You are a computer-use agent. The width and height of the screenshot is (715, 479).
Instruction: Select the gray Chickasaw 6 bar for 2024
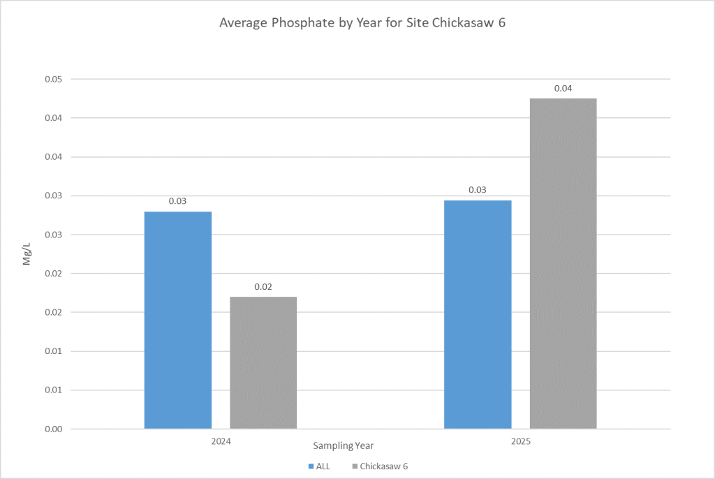click(x=263, y=362)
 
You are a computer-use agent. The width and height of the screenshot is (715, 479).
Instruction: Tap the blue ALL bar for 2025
click(x=478, y=314)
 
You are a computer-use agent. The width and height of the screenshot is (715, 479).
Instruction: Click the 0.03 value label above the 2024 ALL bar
click(x=177, y=201)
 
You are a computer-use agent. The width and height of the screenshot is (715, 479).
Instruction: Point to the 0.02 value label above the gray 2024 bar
click(x=263, y=286)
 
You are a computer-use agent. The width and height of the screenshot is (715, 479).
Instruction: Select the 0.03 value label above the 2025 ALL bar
click(x=478, y=190)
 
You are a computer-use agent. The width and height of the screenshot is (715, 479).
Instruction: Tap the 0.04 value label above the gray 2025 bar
click(x=563, y=89)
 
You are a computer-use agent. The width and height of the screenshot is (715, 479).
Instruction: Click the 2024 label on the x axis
click(x=221, y=442)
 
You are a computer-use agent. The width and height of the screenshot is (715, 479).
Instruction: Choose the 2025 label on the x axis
click(x=520, y=442)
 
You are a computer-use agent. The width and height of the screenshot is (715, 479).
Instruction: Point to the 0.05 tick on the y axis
click(x=53, y=79)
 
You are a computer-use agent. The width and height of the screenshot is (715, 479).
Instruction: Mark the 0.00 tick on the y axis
click(x=53, y=429)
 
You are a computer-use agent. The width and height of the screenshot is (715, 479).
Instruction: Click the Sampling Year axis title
click(x=343, y=445)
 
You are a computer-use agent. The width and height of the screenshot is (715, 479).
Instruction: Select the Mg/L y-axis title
click(x=27, y=254)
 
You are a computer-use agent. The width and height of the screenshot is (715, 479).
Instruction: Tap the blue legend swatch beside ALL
click(x=309, y=466)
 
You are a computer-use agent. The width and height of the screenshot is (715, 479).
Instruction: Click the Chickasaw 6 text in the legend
click(x=383, y=466)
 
